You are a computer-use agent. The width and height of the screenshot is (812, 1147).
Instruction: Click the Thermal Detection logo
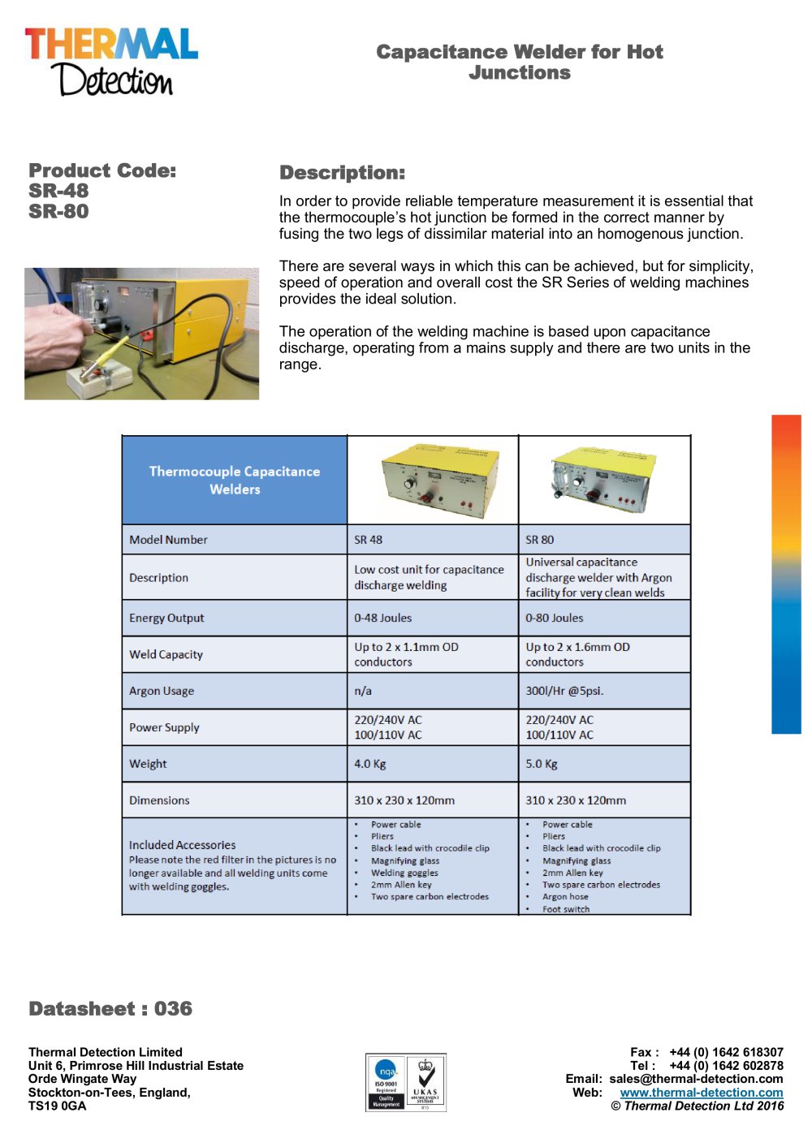(111, 61)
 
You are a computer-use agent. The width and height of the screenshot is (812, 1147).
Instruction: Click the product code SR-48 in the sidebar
(58, 192)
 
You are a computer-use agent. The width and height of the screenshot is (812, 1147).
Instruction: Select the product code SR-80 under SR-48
(58, 212)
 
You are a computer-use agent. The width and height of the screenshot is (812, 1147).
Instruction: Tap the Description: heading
(342, 173)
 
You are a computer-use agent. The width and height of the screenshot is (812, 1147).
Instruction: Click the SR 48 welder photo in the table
(432, 480)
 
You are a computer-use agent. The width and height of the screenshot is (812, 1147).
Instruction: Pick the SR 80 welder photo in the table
(603, 480)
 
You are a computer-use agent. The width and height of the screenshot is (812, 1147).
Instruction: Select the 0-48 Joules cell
(383, 619)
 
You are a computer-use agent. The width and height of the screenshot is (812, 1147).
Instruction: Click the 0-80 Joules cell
(555, 619)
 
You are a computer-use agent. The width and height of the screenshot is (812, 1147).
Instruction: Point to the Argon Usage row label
(162, 692)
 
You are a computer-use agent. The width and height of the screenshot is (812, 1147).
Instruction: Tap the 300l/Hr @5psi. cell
(564, 692)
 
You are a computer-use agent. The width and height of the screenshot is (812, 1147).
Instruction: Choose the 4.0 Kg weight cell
(370, 765)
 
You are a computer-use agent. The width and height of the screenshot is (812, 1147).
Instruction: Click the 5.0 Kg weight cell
(542, 765)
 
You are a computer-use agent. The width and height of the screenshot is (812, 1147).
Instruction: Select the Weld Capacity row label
(166, 655)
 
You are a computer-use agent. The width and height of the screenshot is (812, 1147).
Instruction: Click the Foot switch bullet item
(566, 909)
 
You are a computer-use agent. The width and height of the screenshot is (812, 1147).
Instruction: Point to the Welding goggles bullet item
(404, 873)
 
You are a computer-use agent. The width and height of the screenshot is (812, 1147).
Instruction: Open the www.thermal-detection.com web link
(702, 1093)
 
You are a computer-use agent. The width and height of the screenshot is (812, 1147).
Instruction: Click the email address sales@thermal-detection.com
(696, 1080)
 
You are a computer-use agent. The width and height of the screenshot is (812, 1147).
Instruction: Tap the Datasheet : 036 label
(110, 1009)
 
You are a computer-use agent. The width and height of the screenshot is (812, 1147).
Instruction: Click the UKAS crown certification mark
(425, 1083)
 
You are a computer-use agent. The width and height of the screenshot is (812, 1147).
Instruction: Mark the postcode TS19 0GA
(57, 1106)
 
